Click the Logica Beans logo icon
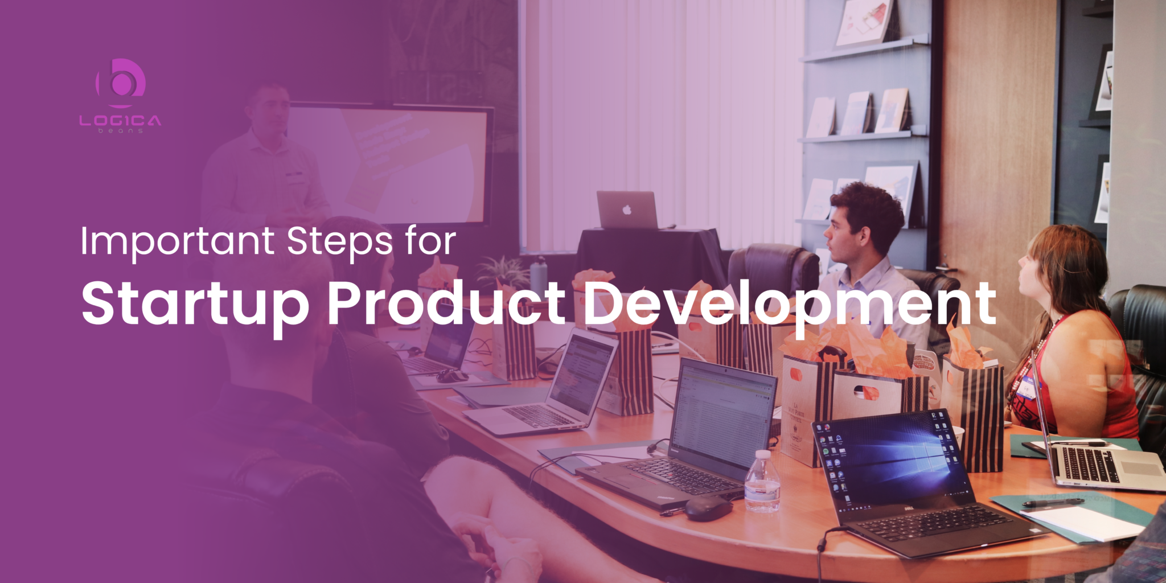121,83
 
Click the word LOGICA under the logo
120,121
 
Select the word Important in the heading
177,242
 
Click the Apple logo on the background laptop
627,210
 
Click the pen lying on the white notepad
1053,503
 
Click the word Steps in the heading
339,242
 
